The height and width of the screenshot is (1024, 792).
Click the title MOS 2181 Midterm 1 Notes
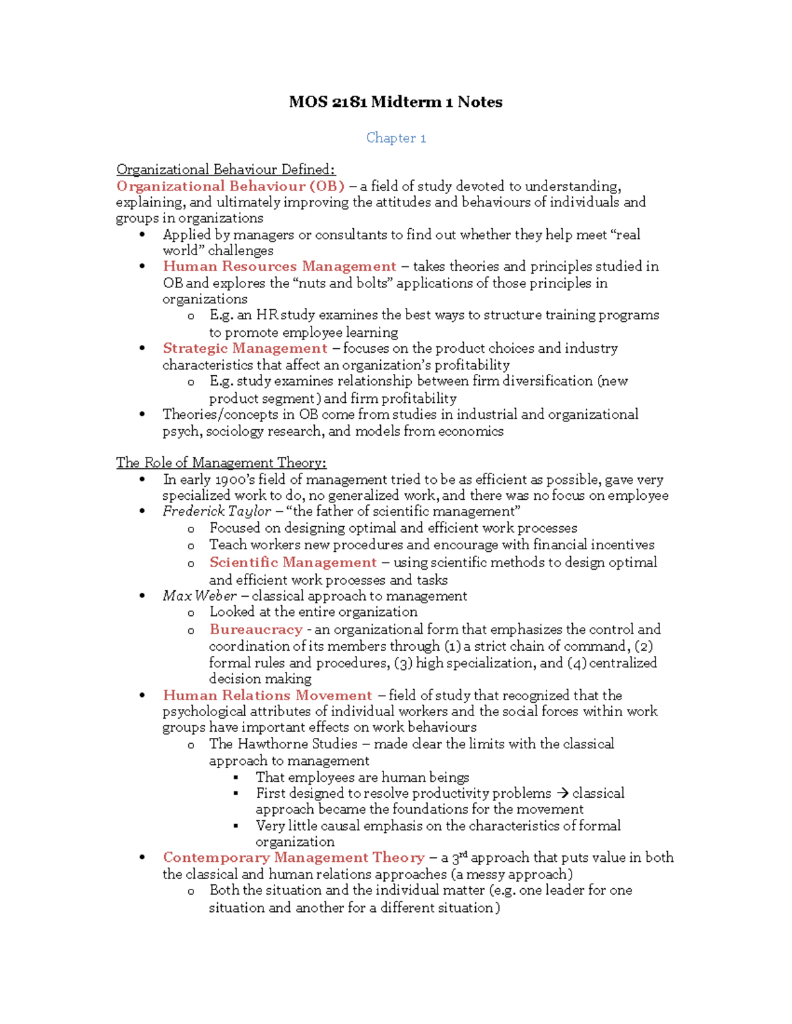tap(395, 102)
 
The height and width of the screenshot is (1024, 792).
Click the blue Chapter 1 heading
tap(396, 138)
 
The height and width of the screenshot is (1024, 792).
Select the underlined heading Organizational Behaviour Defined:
tap(225, 169)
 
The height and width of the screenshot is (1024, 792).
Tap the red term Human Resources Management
tap(279, 266)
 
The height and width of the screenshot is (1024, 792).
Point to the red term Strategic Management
tap(245, 348)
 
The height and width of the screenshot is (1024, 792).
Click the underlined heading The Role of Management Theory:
tap(221, 463)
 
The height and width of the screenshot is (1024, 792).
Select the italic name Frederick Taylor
tap(216, 512)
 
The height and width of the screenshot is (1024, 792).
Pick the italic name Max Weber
tap(199, 596)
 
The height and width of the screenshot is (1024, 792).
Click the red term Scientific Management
tap(292, 562)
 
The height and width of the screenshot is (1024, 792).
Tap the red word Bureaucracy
tap(256, 630)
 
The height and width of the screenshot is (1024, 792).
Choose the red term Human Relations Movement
tap(267, 696)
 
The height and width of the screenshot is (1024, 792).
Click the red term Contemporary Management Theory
tap(294, 858)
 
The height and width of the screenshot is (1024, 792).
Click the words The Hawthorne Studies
tap(283, 744)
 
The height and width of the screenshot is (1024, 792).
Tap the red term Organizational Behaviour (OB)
tap(230, 186)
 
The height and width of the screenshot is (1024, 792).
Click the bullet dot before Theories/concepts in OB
tap(142, 414)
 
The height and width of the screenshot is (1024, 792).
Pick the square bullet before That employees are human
tap(236, 777)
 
